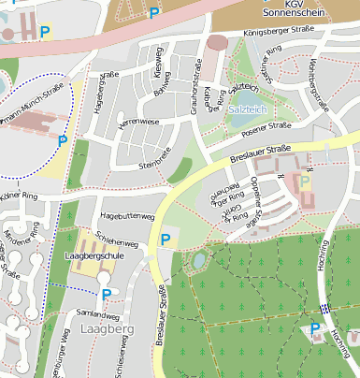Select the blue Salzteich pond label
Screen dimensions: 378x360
245,109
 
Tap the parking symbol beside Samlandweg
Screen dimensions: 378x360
106,295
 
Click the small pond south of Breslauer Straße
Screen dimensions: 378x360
198,259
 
